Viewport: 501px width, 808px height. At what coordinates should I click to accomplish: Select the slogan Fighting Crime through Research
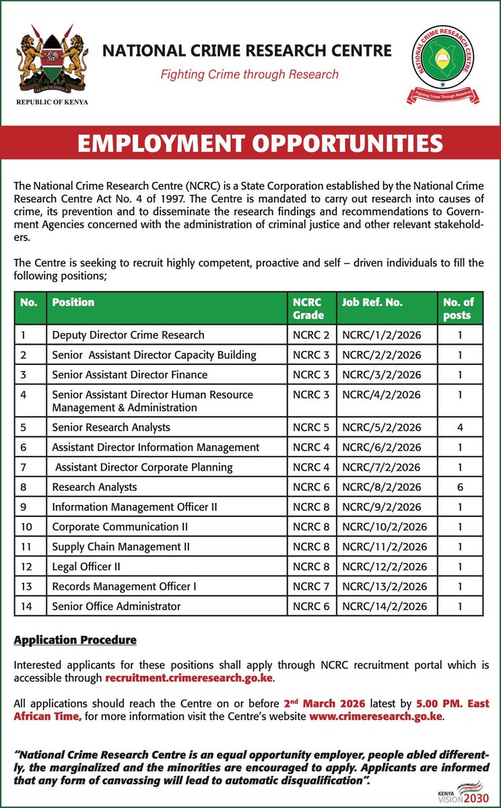click(x=249, y=74)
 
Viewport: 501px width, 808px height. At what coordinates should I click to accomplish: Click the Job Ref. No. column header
click(x=372, y=302)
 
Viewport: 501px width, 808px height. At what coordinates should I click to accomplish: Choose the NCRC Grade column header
click(x=308, y=308)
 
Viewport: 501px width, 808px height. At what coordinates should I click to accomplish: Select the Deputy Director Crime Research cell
click(x=128, y=335)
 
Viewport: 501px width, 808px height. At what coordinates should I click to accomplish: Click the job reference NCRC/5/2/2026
click(x=381, y=427)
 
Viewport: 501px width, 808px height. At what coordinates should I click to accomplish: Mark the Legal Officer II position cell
click(x=86, y=566)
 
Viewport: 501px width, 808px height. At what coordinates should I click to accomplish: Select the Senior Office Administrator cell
click(x=116, y=606)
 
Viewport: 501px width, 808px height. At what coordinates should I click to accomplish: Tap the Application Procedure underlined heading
click(x=75, y=640)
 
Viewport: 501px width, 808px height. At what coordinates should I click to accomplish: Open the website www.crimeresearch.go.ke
click(x=376, y=716)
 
